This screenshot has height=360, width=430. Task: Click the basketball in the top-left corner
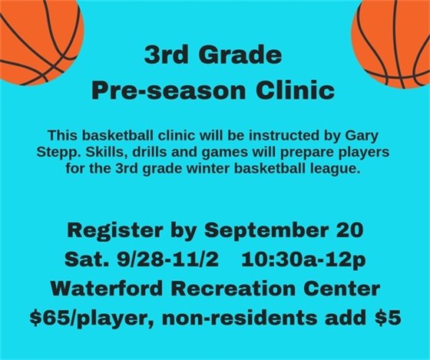click(38, 35)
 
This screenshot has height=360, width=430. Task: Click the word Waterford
click(104, 288)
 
